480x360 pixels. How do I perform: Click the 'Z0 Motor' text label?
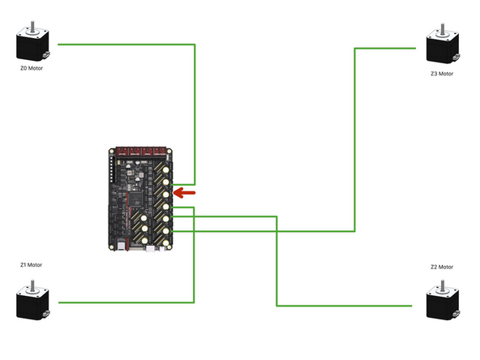tap(32, 69)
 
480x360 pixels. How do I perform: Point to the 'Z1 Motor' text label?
tap(32, 264)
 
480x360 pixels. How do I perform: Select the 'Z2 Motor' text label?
tap(442, 267)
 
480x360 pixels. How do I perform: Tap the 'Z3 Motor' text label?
tap(443, 73)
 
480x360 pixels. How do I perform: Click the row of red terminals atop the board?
tap(143, 151)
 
